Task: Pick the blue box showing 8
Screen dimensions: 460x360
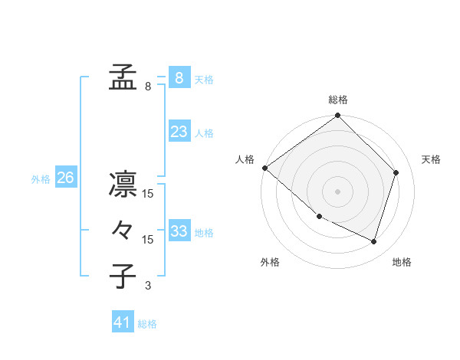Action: [x=179, y=78]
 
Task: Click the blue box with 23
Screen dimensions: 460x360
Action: [x=179, y=132]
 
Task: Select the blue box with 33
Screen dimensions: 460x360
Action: [x=179, y=231]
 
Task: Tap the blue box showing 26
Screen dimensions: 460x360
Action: [x=65, y=178]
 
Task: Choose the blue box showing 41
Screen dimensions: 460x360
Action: [x=123, y=322]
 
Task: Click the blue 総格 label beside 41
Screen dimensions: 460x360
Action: [x=147, y=324]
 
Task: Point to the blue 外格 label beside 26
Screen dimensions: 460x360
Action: [x=41, y=179]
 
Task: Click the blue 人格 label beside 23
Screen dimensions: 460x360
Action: [x=204, y=133]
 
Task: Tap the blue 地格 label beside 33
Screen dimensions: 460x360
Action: [x=204, y=233]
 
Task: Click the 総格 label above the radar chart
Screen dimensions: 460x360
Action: [x=338, y=100]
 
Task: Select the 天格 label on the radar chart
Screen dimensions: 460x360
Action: [x=431, y=159]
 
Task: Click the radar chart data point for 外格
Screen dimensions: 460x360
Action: [x=319, y=216]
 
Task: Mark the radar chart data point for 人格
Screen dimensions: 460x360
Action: [x=264, y=168]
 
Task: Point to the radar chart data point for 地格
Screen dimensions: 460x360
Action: [x=374, y=241]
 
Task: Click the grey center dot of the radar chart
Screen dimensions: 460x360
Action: [x=337, y=191]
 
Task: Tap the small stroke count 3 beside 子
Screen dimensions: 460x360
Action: [x=148, y=286]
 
